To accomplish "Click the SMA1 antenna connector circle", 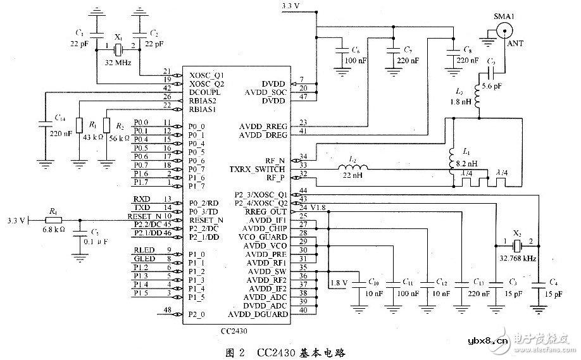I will pos(505,30).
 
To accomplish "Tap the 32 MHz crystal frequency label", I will pos(117,64).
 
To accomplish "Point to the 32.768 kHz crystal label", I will pos(517,258).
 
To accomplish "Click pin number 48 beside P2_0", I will pos(168,310).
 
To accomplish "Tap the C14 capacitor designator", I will pos(60,118).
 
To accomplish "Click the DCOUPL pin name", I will pos(205,92).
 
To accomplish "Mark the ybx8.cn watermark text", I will pos(487,343).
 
